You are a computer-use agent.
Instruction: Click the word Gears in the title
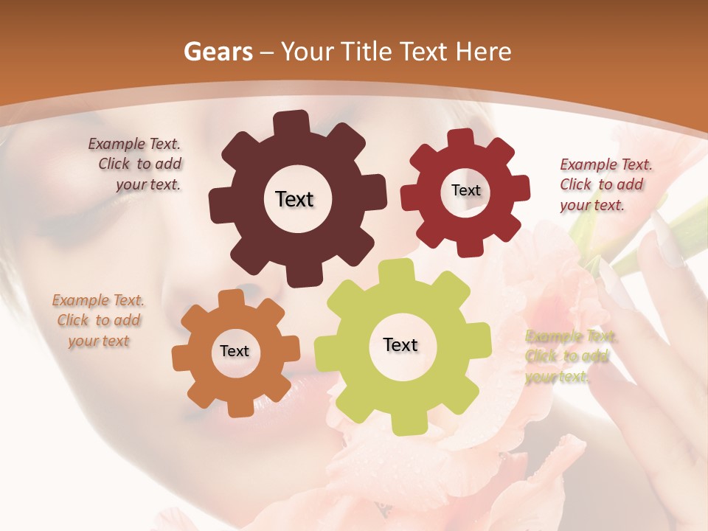(216, 52)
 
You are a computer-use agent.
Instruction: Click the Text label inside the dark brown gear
(294, 199)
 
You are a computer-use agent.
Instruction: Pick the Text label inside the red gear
(465, 190)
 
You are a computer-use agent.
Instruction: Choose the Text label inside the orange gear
(235, 351)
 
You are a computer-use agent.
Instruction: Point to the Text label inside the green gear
(400, 344)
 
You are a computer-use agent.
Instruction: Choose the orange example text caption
(98, 320)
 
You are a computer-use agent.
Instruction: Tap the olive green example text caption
(569, 357)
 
